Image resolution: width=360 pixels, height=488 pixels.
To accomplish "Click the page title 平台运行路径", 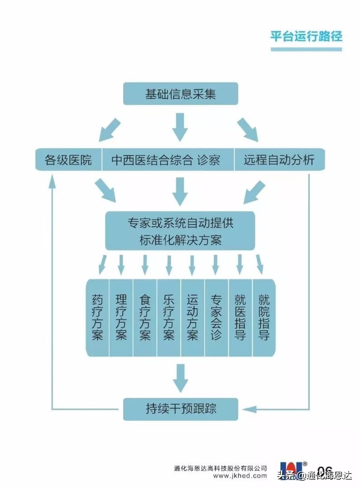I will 306,36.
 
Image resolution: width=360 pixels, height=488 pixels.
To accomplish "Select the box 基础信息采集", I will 180,94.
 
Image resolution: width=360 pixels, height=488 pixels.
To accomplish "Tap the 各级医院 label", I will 68,160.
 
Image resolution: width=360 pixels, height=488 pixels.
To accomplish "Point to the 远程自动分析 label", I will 279,160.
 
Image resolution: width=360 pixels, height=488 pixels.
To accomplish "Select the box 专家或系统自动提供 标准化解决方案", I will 180,231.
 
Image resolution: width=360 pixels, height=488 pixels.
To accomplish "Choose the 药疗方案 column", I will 97,317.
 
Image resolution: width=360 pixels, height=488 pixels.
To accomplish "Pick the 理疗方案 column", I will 121,317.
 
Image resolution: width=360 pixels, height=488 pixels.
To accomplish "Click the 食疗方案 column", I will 145,317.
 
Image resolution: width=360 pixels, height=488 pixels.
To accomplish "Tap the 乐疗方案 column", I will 169,317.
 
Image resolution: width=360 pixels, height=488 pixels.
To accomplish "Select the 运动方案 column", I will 192,317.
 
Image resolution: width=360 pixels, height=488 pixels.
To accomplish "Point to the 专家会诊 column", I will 216,317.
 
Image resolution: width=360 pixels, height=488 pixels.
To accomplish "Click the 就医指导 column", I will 240,317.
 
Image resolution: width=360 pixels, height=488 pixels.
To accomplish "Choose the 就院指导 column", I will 264,317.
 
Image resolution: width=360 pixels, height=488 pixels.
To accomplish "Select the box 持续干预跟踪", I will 180,408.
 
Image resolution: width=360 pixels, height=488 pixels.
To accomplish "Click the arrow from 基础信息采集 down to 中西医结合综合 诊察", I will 180,127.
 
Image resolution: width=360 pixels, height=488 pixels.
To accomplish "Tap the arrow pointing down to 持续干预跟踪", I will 180,378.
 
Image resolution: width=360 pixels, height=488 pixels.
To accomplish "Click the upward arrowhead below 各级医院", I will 53,180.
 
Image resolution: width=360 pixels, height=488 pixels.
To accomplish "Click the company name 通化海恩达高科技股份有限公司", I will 220,468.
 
